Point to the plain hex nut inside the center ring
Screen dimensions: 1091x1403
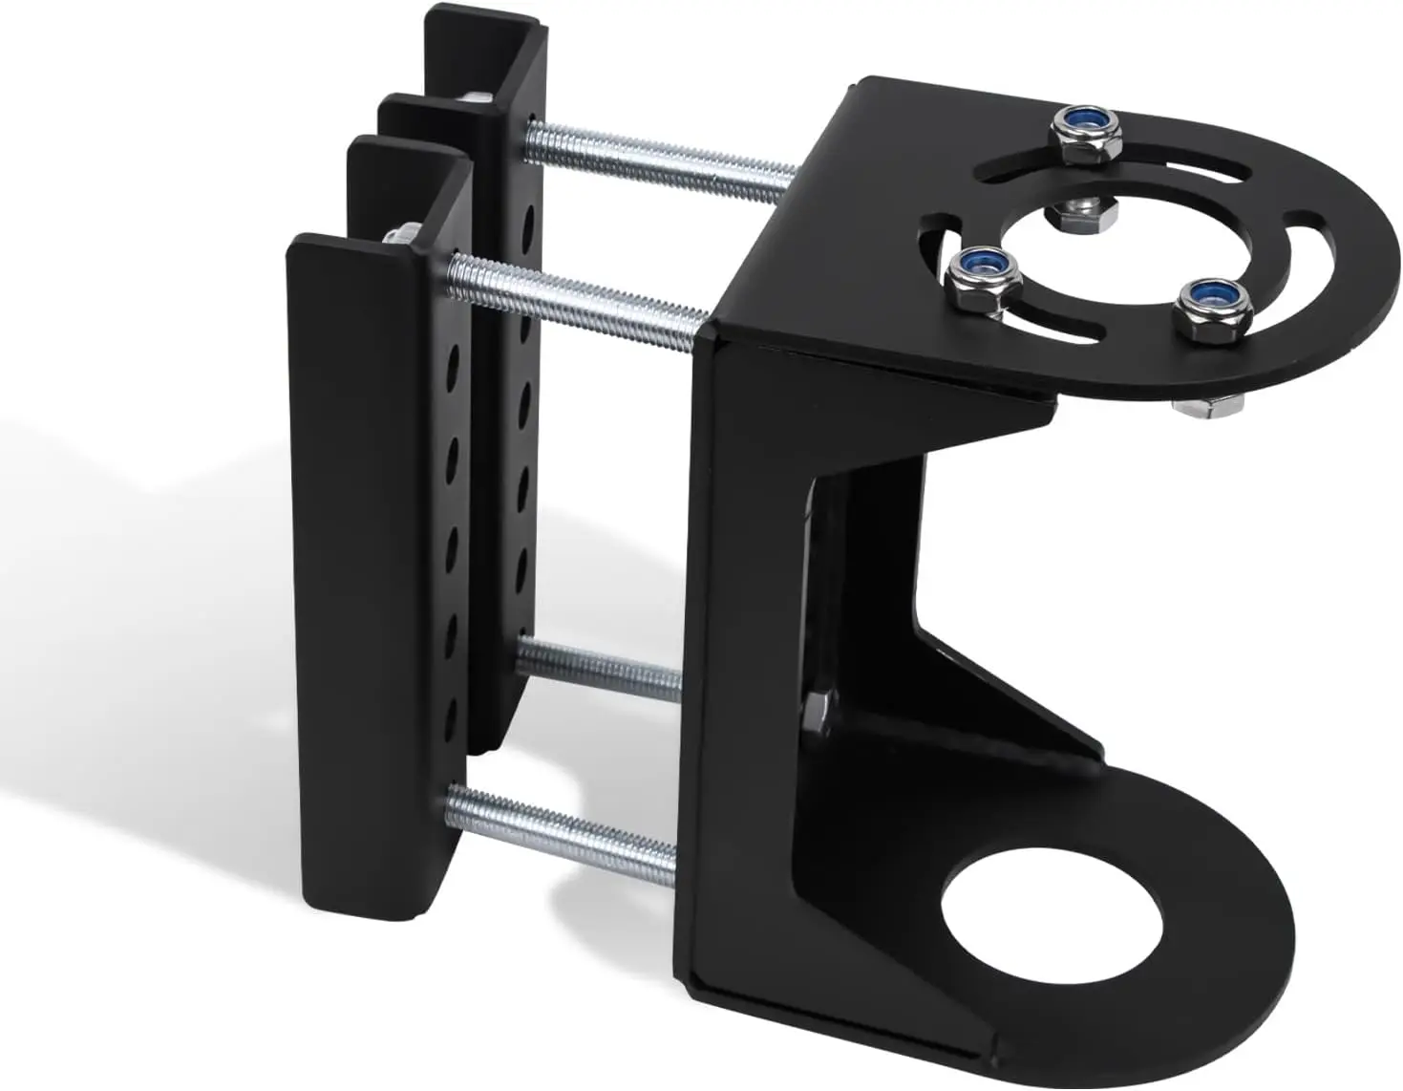[1084, 216]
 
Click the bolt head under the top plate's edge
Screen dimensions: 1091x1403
[1208, 407]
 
